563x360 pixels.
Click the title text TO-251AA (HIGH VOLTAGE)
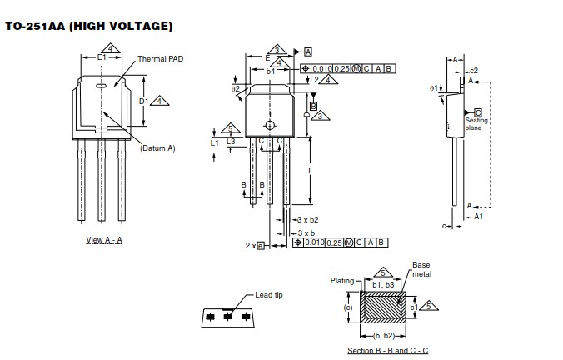pos(89,26)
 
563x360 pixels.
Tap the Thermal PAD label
pos(160,60)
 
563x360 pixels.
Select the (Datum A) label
pos(158,147)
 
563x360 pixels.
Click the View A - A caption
pos(104,240)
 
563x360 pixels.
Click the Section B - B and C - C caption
pos(387,351)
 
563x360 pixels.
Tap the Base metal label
pos(421,269)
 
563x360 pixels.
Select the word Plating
pos(342,281)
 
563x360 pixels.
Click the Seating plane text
pos(476,124)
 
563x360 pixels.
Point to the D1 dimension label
pos(143,101)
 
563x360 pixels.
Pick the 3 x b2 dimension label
pos(307,219)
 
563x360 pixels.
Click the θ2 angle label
pos(235,88)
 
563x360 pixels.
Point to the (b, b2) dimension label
pos(383,334)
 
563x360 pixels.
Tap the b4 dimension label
pos(271,72)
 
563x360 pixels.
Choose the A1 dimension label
pos(478,216)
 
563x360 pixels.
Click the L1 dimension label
pos(214,142)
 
